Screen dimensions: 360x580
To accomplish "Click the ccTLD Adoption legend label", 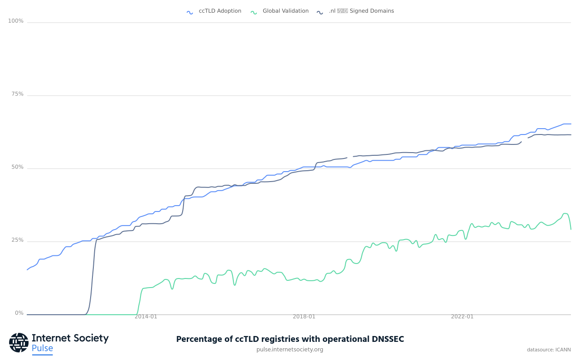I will (220, 11).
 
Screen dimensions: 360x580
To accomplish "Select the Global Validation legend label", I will (285, 11).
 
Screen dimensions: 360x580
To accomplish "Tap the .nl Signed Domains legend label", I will (361, 11).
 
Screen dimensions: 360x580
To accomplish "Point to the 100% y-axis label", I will (16, 21).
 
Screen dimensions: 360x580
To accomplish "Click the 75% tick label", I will (17, 94).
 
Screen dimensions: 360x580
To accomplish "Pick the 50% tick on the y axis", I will (17, 167).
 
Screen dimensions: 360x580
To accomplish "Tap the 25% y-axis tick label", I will (17, 240).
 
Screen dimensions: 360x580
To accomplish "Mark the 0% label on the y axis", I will (19, 313).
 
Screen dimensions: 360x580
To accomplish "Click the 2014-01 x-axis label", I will (146, 317).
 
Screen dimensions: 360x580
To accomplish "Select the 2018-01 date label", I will (304, 317).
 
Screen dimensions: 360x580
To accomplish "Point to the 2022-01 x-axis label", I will (462, 317).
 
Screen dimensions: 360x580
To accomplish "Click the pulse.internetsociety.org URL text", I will (290, 350).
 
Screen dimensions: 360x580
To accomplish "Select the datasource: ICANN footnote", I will (549, 350).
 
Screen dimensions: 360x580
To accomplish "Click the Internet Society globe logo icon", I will (19, 342).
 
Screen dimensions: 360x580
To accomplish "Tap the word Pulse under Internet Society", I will (42, 348).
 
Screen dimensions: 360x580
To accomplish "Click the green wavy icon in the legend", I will (254, 12).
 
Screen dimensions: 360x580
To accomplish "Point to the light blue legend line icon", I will (190, 12).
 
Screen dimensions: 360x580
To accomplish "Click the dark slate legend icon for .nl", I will (320, 12).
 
